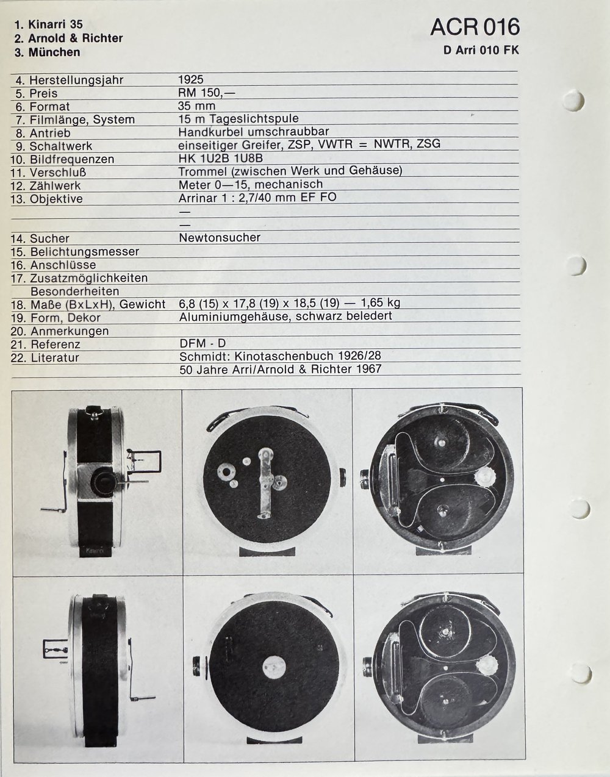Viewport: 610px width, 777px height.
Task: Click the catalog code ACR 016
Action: point(475,27)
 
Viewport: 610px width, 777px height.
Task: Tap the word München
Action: point(55,52)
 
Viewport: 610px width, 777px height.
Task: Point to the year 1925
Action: point(191,79)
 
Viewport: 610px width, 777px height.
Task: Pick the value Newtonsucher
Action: point(220,238)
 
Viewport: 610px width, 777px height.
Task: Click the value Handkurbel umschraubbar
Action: point(254,132)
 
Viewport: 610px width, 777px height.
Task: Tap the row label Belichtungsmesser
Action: point(84,252)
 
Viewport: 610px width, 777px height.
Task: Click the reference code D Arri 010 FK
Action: point(481,51)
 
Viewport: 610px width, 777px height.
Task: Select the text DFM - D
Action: point(203,344)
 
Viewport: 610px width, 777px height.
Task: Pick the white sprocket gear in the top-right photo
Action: point(486,475)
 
